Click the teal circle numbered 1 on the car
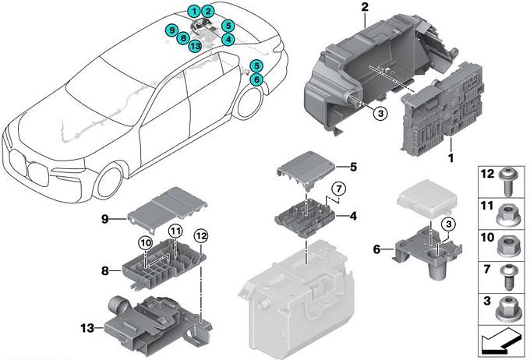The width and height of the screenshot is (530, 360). pos(193,12)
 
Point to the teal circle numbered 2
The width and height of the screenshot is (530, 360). pos(208,12)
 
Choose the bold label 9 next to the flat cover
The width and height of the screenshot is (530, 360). pos(104,220)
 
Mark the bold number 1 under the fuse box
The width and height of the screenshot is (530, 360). pos(450,158)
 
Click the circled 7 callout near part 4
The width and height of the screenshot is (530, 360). pos(338,189)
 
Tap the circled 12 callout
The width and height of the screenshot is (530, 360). pos(202,235)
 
